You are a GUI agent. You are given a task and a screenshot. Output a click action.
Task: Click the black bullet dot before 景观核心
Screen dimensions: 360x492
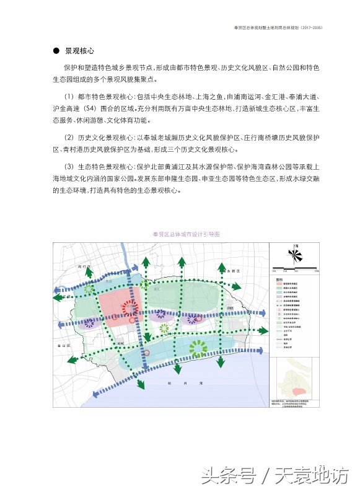point(56,50)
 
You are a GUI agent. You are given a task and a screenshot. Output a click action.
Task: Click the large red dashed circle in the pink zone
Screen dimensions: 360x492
point(129,308)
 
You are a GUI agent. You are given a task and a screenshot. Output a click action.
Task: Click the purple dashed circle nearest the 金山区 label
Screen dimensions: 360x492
point(90,322)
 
